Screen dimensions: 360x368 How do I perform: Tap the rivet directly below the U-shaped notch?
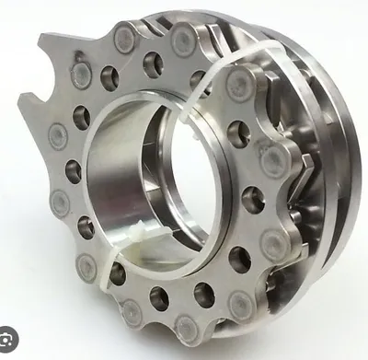(x=57, y=136)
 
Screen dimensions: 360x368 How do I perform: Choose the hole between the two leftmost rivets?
(x=72, y=170)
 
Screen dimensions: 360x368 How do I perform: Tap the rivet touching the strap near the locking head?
(x=87, y=269)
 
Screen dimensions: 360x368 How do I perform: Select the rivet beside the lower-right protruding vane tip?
(x=277, y=243)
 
